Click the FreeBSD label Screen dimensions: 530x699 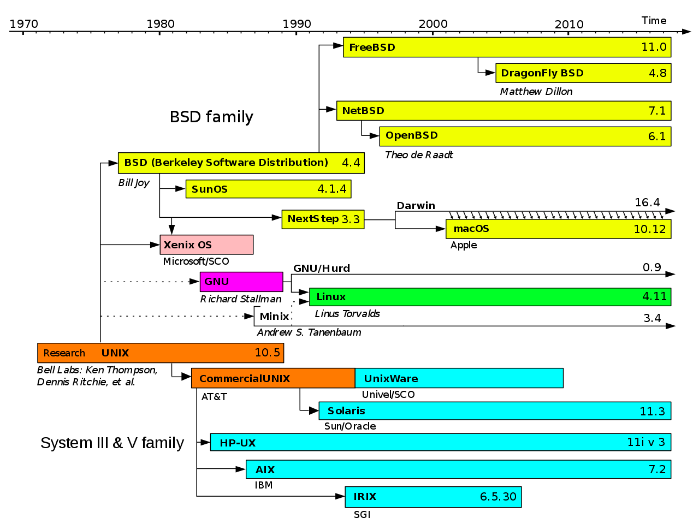372,47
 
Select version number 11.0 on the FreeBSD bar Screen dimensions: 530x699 654,47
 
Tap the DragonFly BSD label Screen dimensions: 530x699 542,73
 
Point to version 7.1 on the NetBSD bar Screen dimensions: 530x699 657,111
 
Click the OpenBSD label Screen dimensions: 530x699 412,135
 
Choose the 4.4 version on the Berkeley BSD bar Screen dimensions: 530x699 351,163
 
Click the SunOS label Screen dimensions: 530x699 210,189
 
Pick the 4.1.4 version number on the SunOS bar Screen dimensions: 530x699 332,189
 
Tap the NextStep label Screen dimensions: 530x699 313,219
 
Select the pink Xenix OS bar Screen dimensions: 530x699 206,245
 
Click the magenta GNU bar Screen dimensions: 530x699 241,282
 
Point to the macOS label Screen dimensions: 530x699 471,229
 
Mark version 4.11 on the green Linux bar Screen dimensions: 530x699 654,297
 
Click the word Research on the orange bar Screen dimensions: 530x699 64,353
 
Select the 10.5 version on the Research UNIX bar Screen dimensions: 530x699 267,353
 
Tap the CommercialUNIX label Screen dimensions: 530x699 245,379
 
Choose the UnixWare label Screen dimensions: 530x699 391,379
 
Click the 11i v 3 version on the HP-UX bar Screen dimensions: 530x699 646,442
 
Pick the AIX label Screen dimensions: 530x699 265,470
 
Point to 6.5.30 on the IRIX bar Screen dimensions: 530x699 498,497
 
